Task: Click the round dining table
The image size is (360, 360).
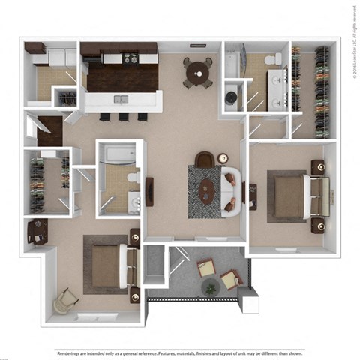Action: click(197, 70)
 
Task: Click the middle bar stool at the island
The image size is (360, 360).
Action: click(121, 116)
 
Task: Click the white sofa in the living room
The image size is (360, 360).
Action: click(232, 193)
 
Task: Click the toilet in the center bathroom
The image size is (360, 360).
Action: click(133, 178)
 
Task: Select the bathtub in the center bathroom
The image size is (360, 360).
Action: click(118, 154)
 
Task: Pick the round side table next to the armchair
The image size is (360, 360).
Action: click(223, 158)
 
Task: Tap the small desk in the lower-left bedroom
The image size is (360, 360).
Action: click(37, 232)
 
